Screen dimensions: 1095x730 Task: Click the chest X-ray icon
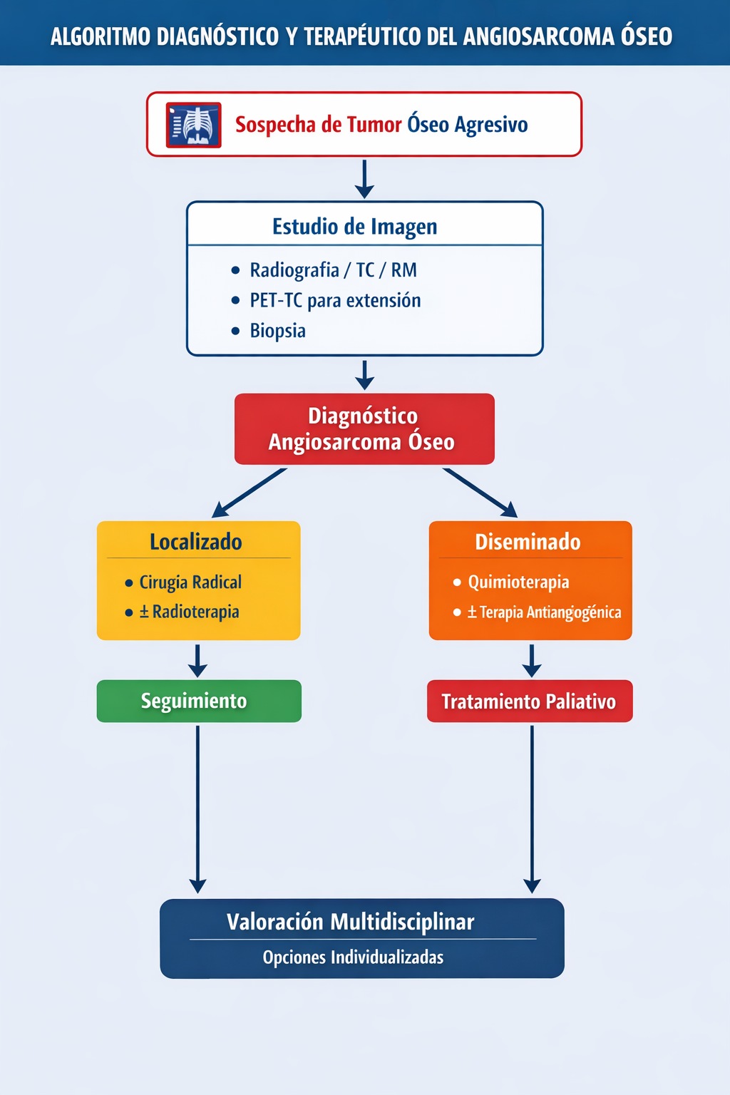click(193, 125)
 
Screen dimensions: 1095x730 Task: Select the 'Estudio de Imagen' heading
click(354, 227)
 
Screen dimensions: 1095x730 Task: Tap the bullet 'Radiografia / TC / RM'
click(333, 270)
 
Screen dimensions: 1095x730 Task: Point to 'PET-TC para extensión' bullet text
click(335, 300)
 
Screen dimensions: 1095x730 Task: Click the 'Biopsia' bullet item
click(277, 331)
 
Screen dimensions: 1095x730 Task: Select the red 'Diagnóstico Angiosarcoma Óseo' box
click(364, 429)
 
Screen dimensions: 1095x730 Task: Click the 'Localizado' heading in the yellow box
click(196, 542)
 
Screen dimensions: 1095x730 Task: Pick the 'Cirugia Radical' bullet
click(190, 582)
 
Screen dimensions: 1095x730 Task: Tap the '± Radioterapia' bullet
click(189, 612)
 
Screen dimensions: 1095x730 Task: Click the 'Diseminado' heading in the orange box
click(528, 542)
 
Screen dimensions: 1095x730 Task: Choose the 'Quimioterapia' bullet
click(518, 582)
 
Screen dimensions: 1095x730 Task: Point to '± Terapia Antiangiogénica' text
click(544, 612)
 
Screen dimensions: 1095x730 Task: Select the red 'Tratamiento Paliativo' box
click(529, 701)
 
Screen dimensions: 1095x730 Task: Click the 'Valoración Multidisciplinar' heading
click(351, 922)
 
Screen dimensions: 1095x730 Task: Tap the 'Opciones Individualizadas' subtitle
click(353, 957)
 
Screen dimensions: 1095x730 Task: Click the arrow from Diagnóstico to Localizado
click(250, 492)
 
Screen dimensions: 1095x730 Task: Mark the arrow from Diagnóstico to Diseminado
click(479, 492)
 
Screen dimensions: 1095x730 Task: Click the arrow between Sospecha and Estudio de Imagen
click(364, 178)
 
